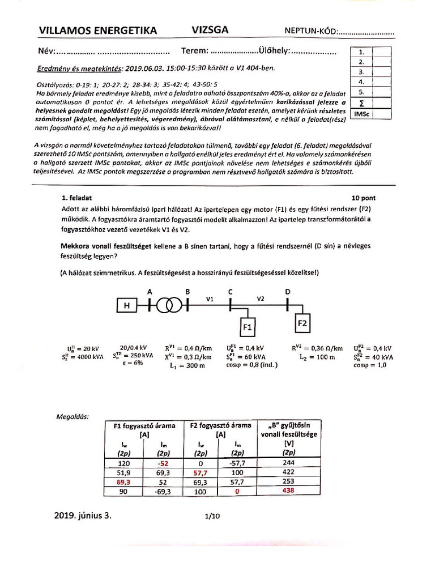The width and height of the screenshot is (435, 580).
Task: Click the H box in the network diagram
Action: click(x=127, y=306)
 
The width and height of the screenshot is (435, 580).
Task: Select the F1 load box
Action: click(x=248, y=327)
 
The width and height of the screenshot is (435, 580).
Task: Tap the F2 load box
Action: click(x=301, y=323)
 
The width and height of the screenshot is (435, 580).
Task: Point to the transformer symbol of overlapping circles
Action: click(x=168, y=306)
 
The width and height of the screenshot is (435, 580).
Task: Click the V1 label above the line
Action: click(x=210, y=298)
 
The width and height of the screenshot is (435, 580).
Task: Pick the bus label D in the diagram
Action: click(x=288, y=292)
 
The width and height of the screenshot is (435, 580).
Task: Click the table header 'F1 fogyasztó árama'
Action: click(x=144, y=425)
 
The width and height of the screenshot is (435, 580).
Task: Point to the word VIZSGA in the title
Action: click(x=211, y=30)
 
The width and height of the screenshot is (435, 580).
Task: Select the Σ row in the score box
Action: click(x=361, y=103)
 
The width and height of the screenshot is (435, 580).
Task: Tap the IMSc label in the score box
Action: click(x=361, y=113)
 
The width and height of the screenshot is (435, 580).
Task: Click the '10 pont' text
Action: click(x=363, y=198)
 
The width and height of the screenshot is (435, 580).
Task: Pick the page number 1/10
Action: click(x=211, y=517)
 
